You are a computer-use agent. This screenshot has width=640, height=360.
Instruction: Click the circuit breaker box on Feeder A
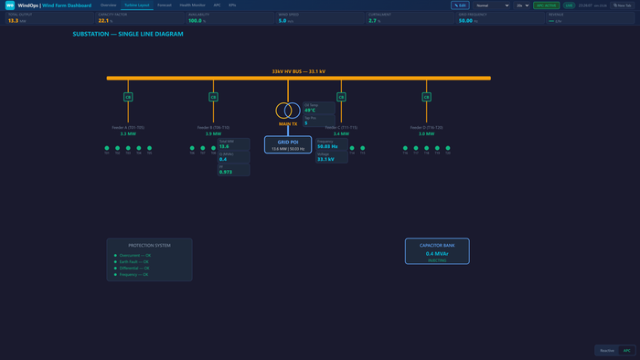point(128,96)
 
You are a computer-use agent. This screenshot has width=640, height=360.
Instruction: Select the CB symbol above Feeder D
point(426,96)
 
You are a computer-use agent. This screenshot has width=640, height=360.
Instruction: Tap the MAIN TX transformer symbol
point(288,111)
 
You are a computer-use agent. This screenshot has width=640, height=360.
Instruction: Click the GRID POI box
point(288,144)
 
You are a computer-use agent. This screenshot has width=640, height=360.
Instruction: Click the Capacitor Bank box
point(437,251)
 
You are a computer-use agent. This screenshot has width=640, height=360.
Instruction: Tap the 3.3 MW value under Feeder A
point(128,133)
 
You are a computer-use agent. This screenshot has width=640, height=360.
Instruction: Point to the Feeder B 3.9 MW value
point(214,133)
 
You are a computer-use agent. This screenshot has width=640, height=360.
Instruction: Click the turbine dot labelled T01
point(106,148)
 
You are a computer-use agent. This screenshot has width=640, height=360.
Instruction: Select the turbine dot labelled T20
point(448,148)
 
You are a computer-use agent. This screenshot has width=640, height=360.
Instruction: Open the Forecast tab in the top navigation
point(165,5)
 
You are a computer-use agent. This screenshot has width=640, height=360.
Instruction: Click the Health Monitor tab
point(192,5)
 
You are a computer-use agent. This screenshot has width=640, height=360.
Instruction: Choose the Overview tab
point(109,5)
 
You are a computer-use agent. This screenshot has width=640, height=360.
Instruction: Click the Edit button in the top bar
point(459,5)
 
